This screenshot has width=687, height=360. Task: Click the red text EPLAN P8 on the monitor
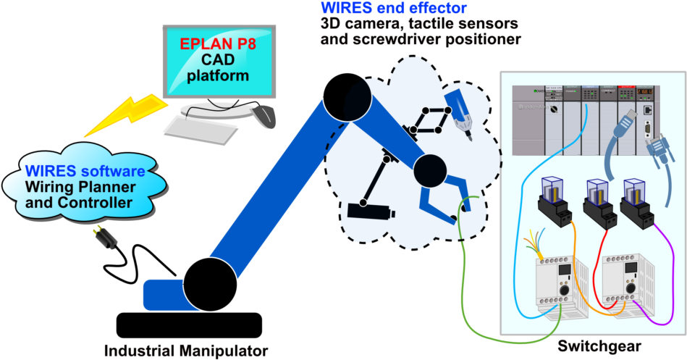click(x=218, y=43)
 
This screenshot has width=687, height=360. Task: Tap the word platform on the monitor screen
click(x=218, y=75)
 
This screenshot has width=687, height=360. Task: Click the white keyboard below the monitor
click(x=201, y=130)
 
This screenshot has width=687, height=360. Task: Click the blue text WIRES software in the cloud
click(x=85, y=172)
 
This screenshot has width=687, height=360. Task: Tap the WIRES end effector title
click(x=394, y=9)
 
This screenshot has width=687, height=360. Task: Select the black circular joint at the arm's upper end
click(x=347, y=96)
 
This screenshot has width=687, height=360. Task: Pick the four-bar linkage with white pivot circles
click(x=430, y=120)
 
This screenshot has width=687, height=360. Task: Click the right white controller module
click(x=626, y=281)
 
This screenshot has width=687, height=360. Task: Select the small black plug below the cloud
click(x=106, y=238)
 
